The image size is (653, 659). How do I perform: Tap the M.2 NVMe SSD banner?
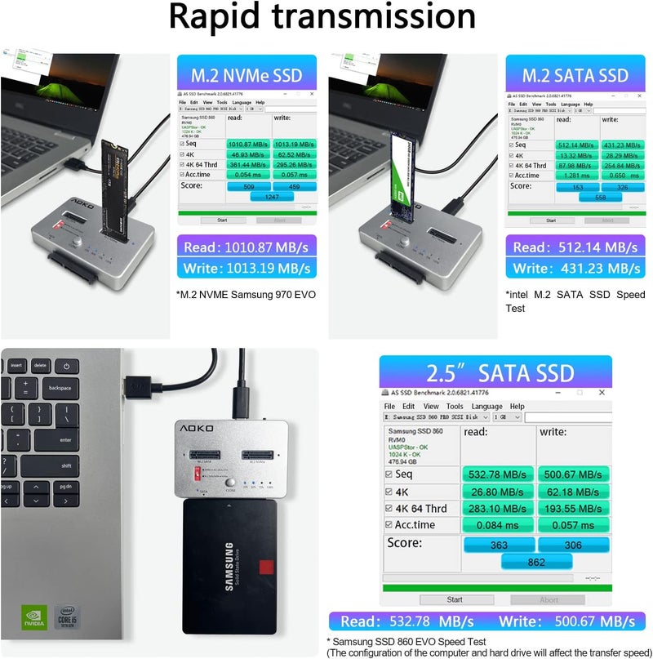pos(246,76)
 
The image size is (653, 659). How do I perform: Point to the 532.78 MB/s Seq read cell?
pos(497,474)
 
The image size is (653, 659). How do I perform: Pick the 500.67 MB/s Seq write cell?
pos(572,474)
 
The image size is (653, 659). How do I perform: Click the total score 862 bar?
pos(535,562)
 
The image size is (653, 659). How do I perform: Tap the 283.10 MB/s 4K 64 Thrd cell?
pos(497,508)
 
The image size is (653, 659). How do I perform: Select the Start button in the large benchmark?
pos(454,599)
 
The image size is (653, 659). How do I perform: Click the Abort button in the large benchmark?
pos(549,599)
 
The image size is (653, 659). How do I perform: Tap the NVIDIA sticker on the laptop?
pos(33,617)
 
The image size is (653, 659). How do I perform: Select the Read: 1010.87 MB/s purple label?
pos(246,247)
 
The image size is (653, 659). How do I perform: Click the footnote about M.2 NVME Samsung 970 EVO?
pos(245,294)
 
